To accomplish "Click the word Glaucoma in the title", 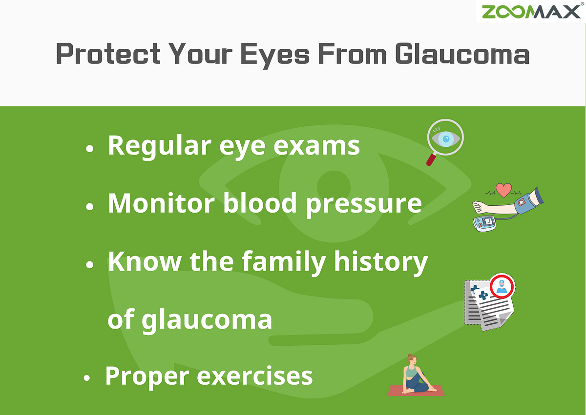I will (462, 54).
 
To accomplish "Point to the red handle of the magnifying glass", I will (431, 158).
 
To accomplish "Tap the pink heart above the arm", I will (503, 189).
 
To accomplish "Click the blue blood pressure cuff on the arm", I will (530, 201).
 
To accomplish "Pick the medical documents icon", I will (486, 305).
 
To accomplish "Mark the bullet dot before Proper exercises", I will (86, 378).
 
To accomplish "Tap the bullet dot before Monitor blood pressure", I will (89, 207).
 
